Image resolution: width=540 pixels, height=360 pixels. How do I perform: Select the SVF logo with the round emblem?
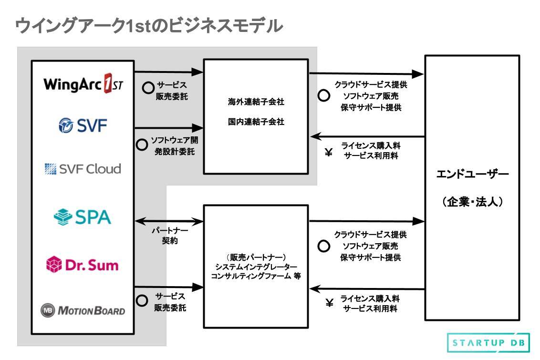(x=82, y=126)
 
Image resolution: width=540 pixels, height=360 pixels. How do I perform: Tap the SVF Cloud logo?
(x=82, y=168)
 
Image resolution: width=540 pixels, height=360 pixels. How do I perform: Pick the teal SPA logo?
(x=82, y=217)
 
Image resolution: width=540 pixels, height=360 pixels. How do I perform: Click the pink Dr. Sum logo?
(x=82, y=264)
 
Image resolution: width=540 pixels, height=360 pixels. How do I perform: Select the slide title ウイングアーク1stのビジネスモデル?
(x=149, y=26)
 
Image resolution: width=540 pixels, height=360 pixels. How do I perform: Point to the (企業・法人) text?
(x=472, y=202)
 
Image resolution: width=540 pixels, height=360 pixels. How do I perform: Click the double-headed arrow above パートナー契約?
(x=169, y=221)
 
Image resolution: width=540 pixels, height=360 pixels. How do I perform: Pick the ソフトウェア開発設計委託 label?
(x=174, y=146)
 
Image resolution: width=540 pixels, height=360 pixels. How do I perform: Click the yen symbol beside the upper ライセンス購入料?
(x=328, y=153)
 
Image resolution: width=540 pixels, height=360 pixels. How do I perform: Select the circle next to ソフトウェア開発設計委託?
(x=142, y=145)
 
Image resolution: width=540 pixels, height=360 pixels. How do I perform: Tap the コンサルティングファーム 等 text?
(x=256, y=276)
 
